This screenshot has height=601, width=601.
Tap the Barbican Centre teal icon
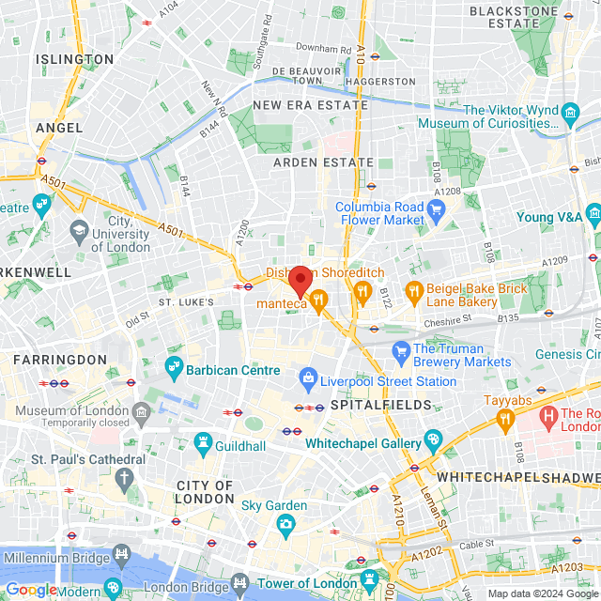(174, 364)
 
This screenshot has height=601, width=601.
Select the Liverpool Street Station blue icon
(307, 378)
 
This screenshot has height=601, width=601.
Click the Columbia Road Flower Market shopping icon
(435, 208)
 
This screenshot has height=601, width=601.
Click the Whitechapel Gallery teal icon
(432, 439)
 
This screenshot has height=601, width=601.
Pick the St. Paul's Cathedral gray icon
(123, 479)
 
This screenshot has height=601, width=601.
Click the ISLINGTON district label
(75, 59)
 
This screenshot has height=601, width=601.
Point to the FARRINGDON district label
(60, 360)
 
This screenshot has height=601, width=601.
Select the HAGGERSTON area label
(379, 82)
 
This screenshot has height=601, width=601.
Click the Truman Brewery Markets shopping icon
(400, 350)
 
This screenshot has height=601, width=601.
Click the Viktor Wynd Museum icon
(570, 116)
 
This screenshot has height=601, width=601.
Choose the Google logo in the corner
(31, 590)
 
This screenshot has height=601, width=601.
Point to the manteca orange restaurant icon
(319, 302)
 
